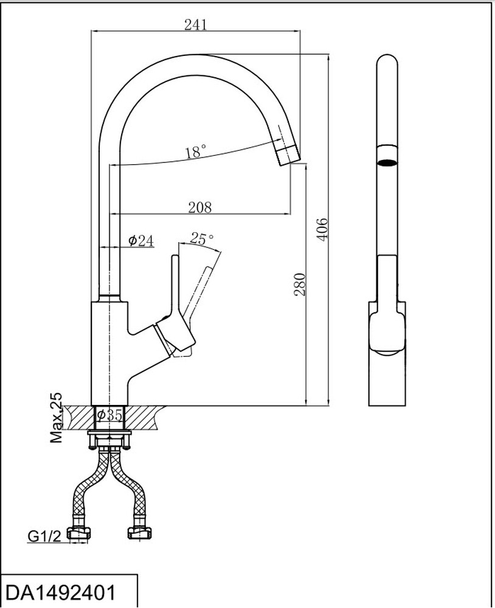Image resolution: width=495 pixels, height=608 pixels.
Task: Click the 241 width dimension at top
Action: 196,24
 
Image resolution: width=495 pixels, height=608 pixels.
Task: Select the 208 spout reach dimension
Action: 199,207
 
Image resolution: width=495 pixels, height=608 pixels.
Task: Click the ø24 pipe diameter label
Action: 140,241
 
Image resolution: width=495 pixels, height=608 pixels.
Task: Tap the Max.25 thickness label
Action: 57,418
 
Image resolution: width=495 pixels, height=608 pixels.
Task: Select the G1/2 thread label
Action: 44,536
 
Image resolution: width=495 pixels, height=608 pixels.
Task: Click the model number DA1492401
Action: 60,591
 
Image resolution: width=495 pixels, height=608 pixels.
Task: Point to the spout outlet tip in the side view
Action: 289,155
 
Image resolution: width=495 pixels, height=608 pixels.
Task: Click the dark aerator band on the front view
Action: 387,162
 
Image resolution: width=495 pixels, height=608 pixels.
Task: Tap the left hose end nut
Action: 81,534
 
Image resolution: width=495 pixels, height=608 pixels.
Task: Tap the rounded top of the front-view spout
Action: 387,61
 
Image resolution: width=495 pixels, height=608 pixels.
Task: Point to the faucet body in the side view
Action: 109,353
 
